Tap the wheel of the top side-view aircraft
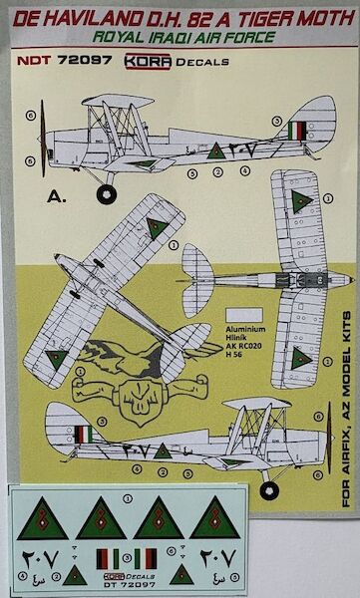tap(106, 193)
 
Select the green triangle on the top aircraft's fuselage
tap(215, 150)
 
